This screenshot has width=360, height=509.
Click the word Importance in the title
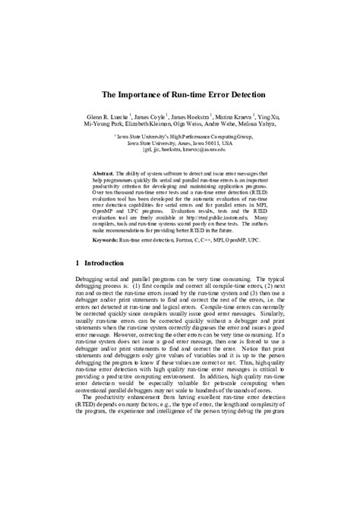coord(141,96)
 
